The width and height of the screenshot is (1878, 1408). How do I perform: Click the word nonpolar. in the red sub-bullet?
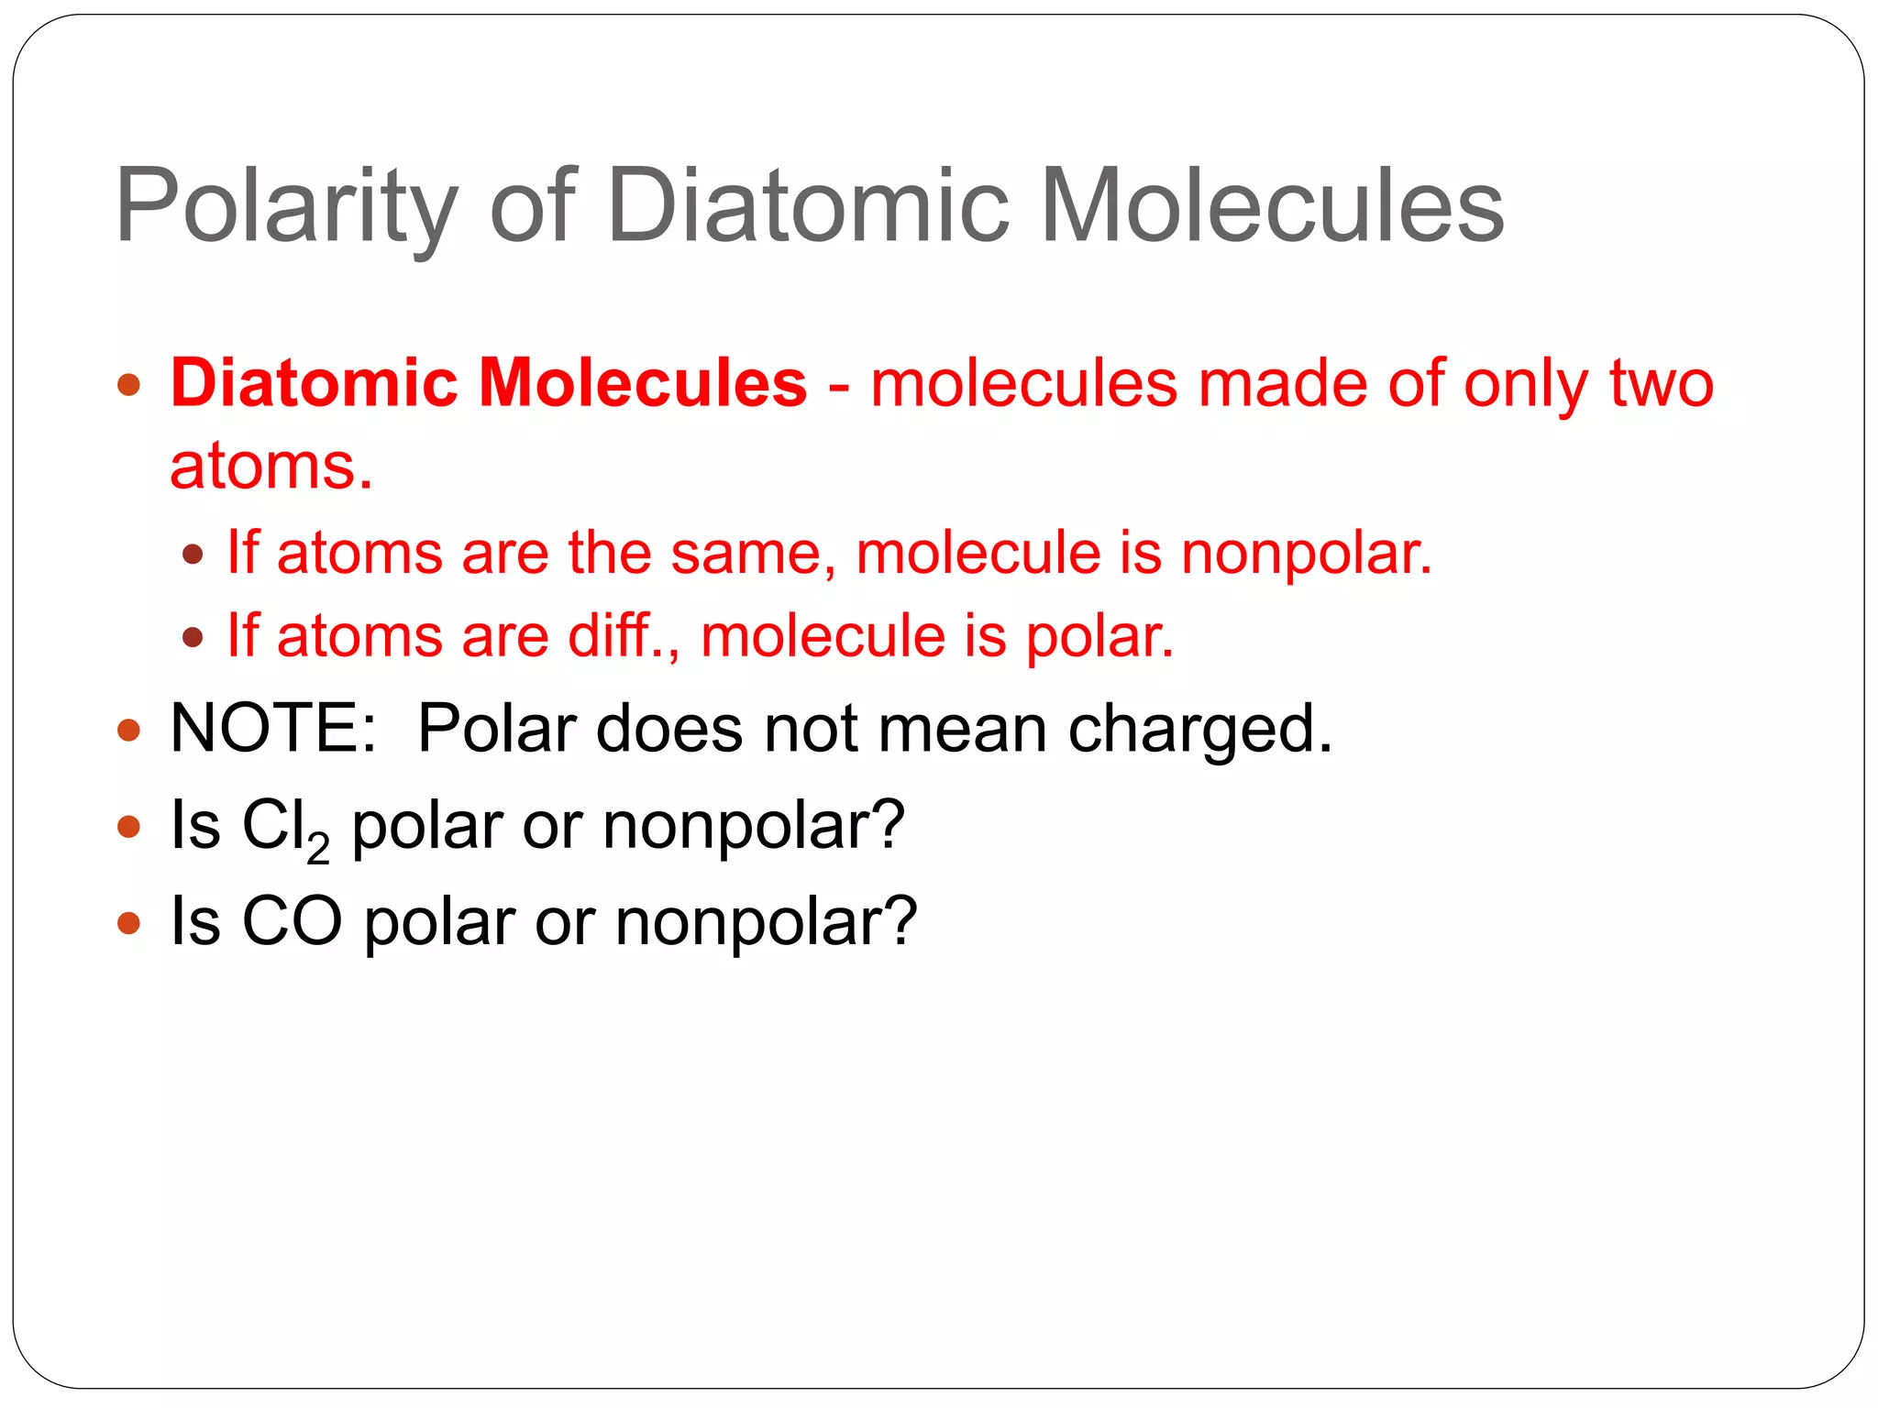click(x=1306, y=554)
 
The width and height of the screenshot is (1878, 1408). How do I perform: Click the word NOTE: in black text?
click(x=273, y=729)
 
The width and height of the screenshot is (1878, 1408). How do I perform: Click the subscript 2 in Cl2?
click(x=318, y=849)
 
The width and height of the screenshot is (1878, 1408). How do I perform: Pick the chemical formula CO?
click(x=292, y=921)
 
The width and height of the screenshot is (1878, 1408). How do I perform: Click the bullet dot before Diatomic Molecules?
click(x=129, y=384)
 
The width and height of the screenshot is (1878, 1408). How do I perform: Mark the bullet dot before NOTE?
click(x=129, y=731)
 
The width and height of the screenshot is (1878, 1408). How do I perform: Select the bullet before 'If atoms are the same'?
click(x=193, y=554)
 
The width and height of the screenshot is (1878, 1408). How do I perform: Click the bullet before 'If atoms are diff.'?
click(x=193, y=636)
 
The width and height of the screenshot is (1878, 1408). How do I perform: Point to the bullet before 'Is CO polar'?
click(x=129, y=922)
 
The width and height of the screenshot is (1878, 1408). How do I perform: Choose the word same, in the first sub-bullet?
click(x=753, y=554)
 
